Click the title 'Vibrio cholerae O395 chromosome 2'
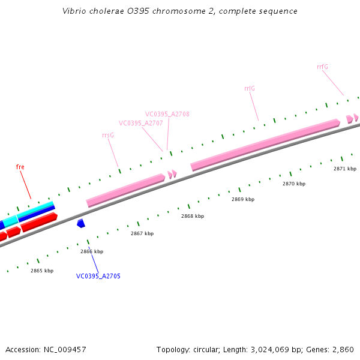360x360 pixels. [x=179, y=11]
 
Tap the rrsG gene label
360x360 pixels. [x=108, y=136]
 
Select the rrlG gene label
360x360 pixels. [x=250, y=89]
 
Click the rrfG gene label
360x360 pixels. [x=322, y=67]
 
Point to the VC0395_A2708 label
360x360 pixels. [x=167, y=114]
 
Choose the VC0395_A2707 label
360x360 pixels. [x=141, y=123]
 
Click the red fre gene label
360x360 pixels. [x=20, y=167]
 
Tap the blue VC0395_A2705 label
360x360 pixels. [x=98, y=276]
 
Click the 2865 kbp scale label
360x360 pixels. [x=42, y=271]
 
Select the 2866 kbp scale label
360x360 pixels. [x=92, y=252]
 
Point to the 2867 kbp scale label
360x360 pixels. [x=142, y=233]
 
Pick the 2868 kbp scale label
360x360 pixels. [x=193, y=216]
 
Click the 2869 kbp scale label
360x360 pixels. [x=243, y=199]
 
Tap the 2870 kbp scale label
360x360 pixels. [x=294, y=184]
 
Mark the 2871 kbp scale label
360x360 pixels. [x=345, y=169]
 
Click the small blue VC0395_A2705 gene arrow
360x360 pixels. [x=80, y=223]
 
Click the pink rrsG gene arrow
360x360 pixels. [x=125, y=190]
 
